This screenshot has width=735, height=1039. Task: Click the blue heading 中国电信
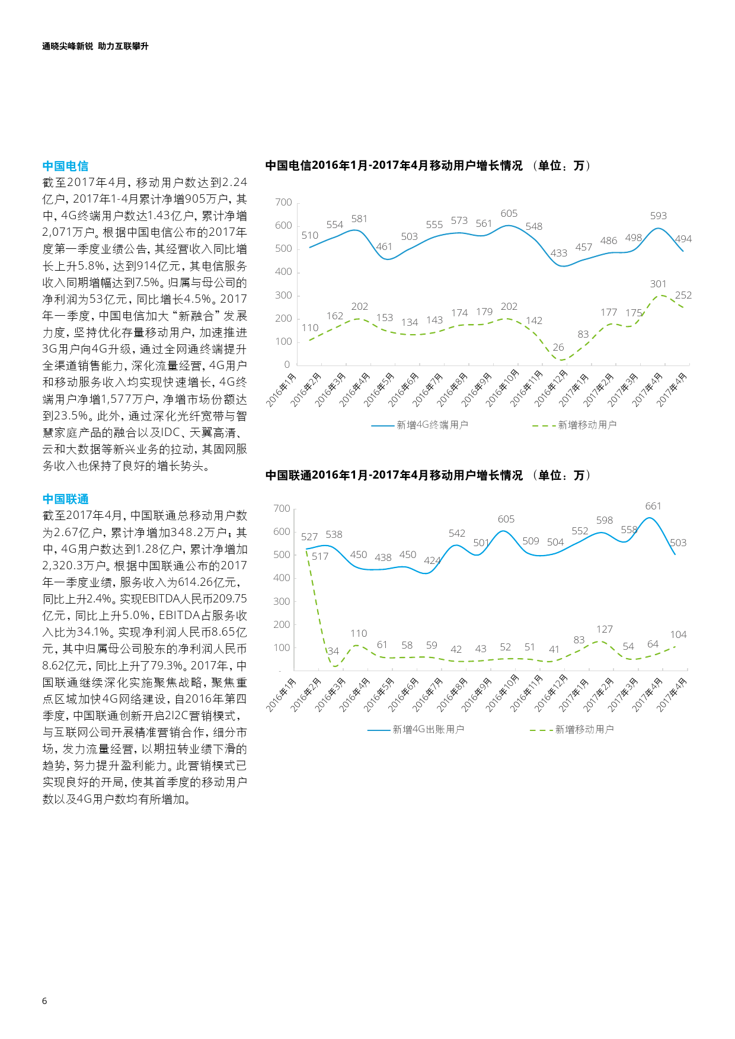click(65, 166)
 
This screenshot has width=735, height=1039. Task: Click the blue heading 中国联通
click(65, 499)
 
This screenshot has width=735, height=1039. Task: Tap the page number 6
click(44, 1001)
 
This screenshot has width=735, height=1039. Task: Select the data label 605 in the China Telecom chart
click(509, 214)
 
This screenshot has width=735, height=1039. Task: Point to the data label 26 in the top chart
click(558, 348)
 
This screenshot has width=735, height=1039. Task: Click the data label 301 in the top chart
click(658, 284)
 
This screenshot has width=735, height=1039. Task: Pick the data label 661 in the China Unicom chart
click(653, 506)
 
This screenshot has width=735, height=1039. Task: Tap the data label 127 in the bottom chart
click(604, 630)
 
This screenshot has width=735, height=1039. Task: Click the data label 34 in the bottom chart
click(333, 652)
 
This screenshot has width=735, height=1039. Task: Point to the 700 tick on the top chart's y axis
click(283, 203)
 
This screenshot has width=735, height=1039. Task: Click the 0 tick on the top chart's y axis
click(287, 365)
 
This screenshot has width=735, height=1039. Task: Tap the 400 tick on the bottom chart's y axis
click(282, 578)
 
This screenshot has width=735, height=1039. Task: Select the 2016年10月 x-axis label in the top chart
click(503, 388)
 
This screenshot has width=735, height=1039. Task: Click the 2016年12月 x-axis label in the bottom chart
click(551, 693)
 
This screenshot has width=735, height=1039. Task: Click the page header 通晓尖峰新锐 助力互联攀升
click(95, 46)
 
